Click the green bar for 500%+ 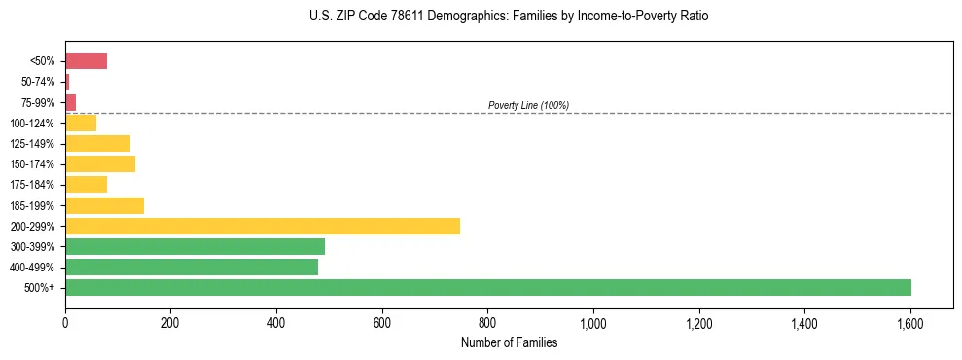(488, 287)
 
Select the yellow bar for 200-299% (263, 226)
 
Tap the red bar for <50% (86, 61)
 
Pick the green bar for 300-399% (195, 246)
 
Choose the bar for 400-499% (192, 267)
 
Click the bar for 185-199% (104, 205)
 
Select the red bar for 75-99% (70, 102)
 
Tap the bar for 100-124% (81, 123)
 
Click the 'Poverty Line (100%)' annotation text (528, 105)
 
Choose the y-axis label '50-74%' (39, 82)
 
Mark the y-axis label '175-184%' (36, 185)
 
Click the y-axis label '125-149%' (36, 144)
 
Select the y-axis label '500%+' (41, 288)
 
